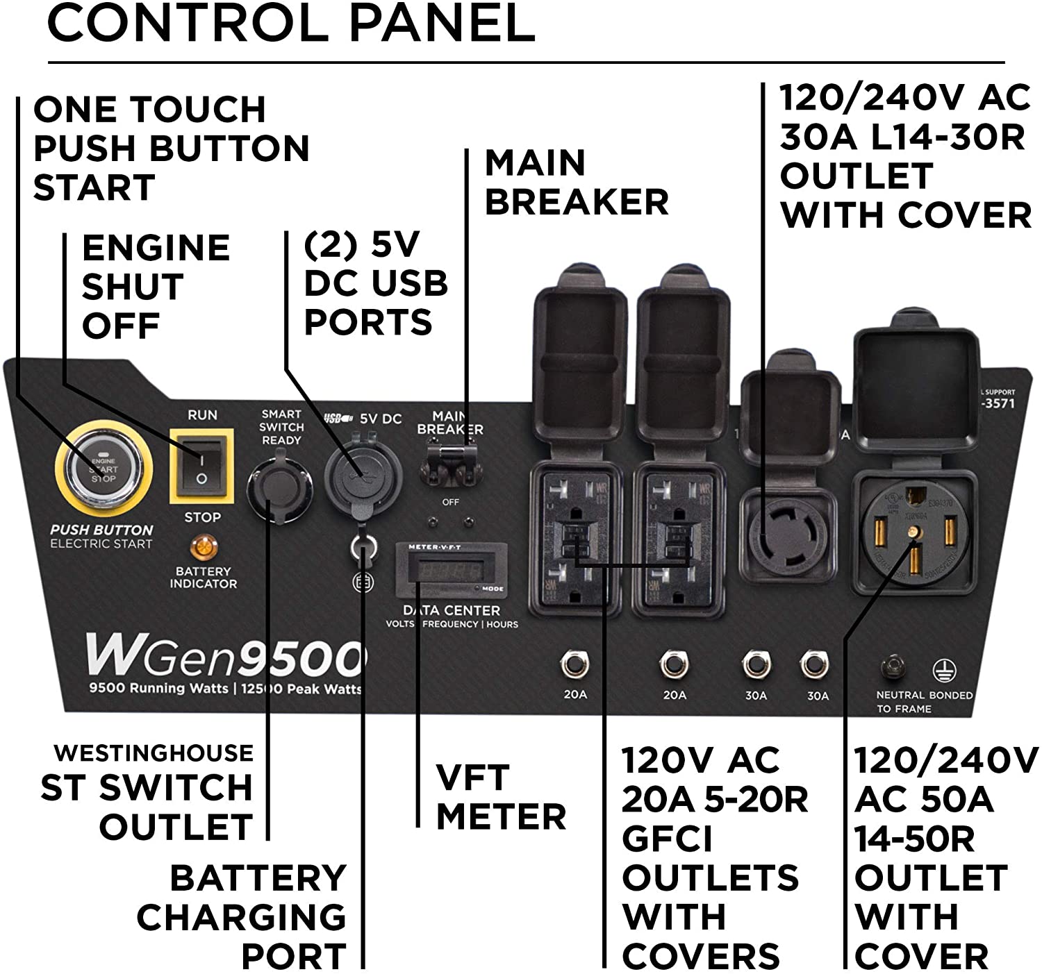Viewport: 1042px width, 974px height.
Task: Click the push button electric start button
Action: coord(103,469)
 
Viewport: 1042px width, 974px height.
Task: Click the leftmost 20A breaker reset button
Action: coord(574,664)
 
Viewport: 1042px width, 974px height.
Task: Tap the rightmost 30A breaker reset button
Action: coord(813,664)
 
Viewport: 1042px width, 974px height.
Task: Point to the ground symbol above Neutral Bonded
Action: coord(943,670)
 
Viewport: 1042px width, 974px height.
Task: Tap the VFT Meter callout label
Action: coord(500,796)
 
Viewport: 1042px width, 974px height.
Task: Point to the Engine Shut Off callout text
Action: coord(156,287)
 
